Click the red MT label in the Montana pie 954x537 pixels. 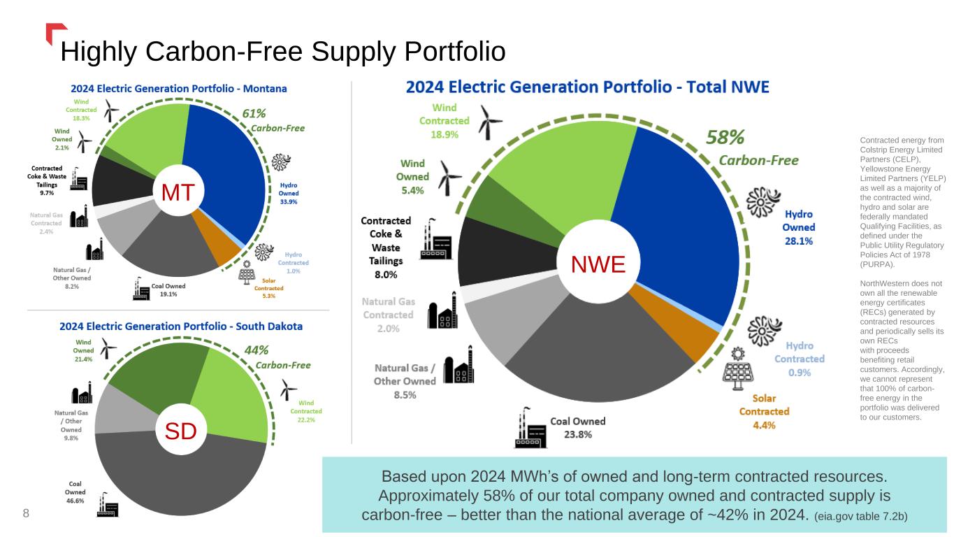(178, 192)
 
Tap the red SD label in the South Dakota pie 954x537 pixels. (180, 431)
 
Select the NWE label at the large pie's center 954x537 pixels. (598, 264)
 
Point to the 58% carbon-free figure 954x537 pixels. (725, 136)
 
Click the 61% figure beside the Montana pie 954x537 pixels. (254, 112)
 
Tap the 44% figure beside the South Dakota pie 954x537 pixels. (256, 350)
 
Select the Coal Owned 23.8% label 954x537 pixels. (578, 427)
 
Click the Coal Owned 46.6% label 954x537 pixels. (75, 491)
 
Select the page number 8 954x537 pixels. (26, 514)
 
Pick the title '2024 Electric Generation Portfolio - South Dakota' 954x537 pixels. (181, 326)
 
